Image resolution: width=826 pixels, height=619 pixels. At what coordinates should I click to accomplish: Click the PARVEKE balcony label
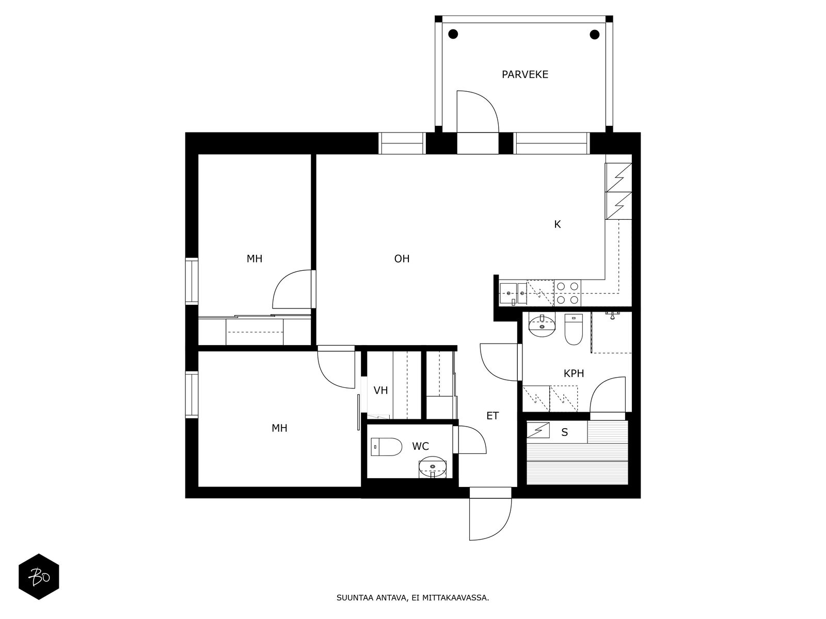(525, 75)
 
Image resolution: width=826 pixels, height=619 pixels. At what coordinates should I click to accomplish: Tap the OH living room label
(402, 259)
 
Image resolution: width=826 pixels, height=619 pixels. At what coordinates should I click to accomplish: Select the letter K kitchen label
(557, 224)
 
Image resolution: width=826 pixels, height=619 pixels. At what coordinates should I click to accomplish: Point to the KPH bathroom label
(574, 373)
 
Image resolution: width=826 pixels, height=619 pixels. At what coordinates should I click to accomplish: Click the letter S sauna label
(564, 432)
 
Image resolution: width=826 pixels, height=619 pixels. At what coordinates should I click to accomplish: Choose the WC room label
(420, 446)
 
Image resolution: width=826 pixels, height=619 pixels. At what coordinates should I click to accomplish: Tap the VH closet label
(380, 390)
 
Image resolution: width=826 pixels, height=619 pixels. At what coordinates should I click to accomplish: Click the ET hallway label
(493, 416)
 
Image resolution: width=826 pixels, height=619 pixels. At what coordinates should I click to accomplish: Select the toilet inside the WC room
(387, 447)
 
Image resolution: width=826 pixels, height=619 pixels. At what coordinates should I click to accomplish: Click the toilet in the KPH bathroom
(574, 330)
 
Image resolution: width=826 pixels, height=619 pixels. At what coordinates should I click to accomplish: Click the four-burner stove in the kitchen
(567, 292)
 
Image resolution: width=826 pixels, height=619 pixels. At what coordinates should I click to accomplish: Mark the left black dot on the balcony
(453, 35)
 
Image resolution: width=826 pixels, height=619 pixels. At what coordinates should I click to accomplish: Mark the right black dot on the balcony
(594, 35)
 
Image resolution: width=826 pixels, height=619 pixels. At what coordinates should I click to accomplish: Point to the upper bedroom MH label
(254, 259)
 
